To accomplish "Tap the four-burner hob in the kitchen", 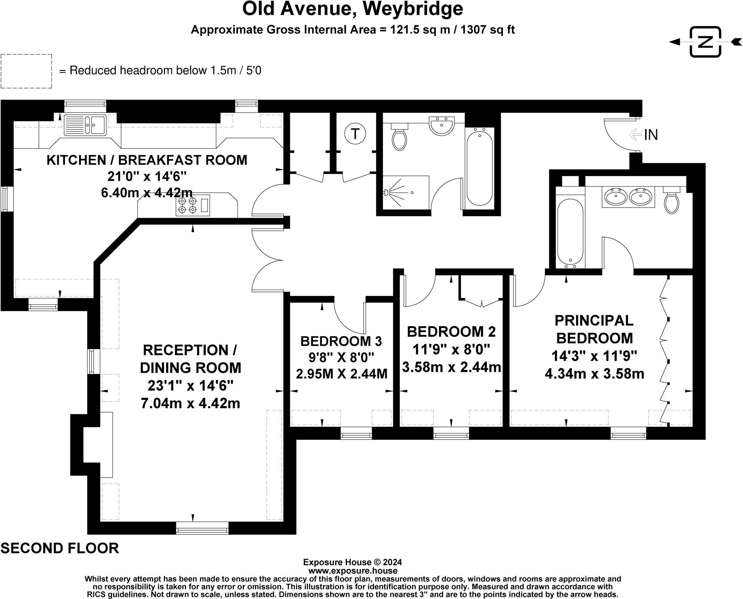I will point(188,205).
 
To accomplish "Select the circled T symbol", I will point(355,134).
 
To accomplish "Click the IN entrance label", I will point(651,135).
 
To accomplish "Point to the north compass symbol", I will point(705,42).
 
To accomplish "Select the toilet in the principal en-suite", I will point(672,201).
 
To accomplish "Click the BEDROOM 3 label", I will point(341,341).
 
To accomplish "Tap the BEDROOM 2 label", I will point(451,332).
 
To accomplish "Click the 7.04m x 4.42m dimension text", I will point(190,403).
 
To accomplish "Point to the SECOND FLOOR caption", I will point(60,548).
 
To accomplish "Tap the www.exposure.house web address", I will point(353,571).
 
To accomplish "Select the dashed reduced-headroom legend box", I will point(26,71).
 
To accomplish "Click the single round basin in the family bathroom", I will point(441,126).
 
